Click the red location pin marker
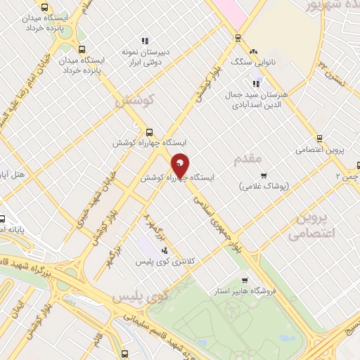point(180,165)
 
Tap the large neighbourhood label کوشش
point(134,101)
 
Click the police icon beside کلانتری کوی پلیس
point(165,250)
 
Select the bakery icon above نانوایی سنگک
point(253,51)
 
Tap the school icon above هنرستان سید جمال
point(255,84)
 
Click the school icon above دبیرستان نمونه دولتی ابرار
point(144,41)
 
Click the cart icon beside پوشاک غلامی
point(264,176)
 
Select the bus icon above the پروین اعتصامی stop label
point(320,138)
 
